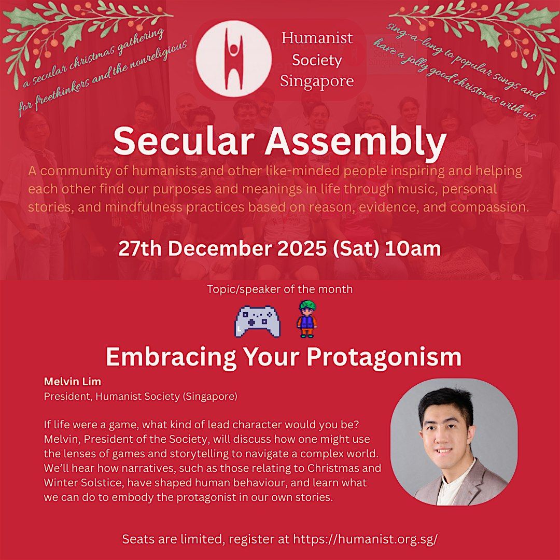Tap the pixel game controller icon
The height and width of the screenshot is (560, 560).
[x=258, y=321]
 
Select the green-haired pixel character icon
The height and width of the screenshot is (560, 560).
[x=307, y=320]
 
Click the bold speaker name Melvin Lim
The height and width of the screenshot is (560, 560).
[x=65, y=382]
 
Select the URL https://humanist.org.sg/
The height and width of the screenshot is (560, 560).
[x=366, y=539]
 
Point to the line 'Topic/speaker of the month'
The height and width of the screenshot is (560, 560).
[x=280, y=289]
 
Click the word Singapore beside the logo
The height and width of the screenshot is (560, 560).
[x=317, y=81]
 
